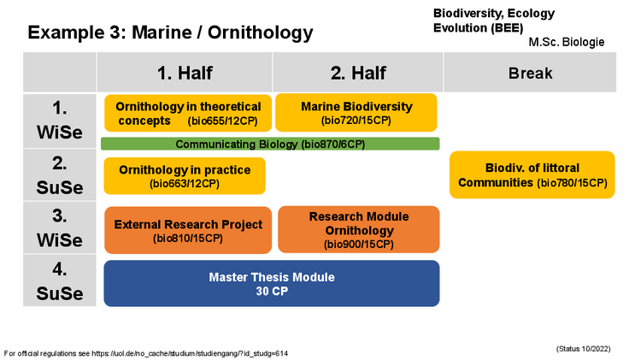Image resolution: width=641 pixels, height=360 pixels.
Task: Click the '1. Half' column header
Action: (185, 73)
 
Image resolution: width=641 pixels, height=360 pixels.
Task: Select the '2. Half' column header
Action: (358, 73)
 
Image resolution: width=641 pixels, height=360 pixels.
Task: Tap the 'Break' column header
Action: (530, 73)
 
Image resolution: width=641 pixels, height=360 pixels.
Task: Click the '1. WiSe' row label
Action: (60, 121)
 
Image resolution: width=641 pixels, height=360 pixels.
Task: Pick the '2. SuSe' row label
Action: (60, 175)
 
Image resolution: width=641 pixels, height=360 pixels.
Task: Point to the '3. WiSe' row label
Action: (60, 227)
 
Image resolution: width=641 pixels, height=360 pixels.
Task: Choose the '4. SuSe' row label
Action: (60, 280)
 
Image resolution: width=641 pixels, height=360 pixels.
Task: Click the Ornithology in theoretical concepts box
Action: (188, 114)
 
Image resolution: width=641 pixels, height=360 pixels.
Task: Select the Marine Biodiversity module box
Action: (356, 113)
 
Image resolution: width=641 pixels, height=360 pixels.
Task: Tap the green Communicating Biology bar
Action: (270, 144)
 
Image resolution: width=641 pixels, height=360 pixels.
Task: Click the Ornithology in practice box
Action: (185, 176)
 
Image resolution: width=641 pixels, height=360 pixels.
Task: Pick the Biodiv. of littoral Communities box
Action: (532, 174)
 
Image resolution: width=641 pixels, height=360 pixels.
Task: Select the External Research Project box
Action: (188, 230)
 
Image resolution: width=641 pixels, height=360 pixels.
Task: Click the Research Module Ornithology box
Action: (359, 229)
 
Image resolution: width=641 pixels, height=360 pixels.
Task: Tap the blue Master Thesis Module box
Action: (272, 284)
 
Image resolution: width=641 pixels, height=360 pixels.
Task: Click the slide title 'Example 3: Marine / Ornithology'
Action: (170, 32)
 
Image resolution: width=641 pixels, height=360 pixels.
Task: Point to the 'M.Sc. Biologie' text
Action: (566, 42)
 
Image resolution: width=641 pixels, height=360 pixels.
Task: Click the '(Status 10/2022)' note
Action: (583, 349)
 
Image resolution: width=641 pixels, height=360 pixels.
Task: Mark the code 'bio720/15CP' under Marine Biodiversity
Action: (356, 121)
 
